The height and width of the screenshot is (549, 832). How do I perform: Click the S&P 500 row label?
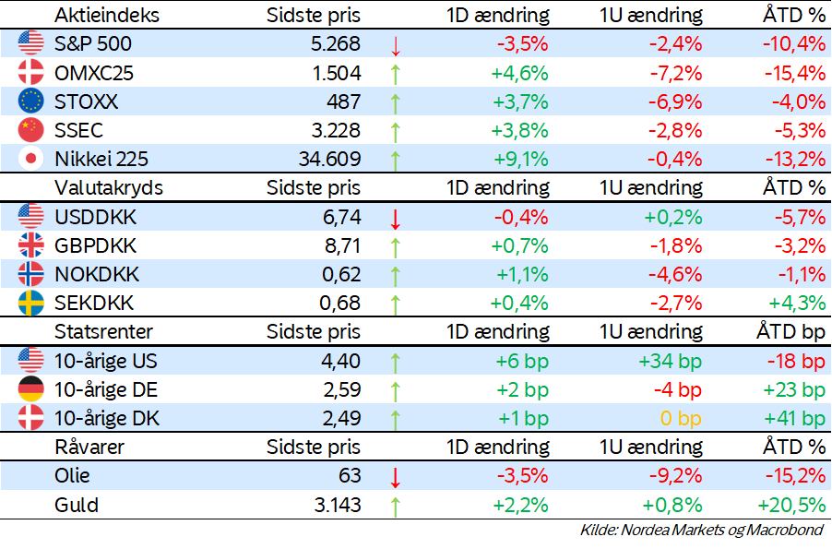(x=93, y=44)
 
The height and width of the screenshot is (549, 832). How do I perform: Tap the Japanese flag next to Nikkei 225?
(x=30, y=159)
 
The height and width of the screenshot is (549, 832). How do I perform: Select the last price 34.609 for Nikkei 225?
(x=324, y=159)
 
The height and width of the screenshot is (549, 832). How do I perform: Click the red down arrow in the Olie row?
(x=396, y=477)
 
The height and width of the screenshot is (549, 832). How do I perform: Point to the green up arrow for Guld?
(x=396, y=506)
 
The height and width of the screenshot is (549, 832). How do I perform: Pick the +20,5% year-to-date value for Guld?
(x=791, y=506)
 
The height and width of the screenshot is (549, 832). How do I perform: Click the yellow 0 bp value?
(x=682, y=418)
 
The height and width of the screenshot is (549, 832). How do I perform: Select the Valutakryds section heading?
(x=109, y=187)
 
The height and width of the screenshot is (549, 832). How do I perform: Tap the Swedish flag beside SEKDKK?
(x=30, y=303)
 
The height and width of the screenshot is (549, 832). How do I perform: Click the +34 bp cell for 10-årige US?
(x=670, y=361)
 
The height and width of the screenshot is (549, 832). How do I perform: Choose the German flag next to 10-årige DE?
(x=30, y=389)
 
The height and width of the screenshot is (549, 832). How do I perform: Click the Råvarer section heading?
(x=89, y=447)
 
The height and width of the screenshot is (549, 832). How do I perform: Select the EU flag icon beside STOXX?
(x=30, y=101)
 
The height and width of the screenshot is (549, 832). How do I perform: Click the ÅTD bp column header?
(x=790, y=331)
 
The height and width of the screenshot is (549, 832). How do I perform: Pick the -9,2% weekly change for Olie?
(x=676, y=477)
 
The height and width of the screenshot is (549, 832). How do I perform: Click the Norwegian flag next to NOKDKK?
(x=30, y=274)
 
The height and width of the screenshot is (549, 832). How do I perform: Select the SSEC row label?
(x=78, y=130)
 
